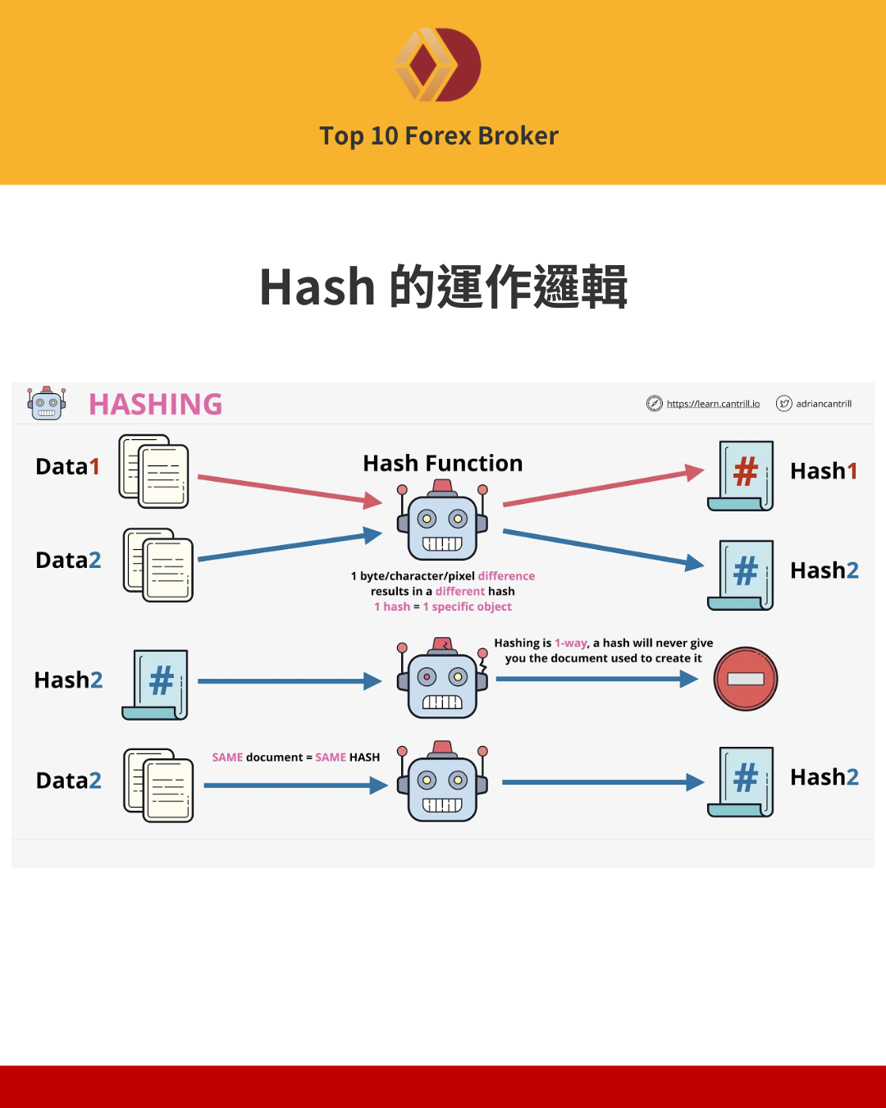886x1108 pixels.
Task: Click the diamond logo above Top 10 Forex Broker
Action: pyautogui.click(x=438, y=65)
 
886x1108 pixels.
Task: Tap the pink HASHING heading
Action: pyautogui.click(x=155, y=404)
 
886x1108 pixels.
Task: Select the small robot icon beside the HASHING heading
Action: pyautogui.click(x=46, y=403)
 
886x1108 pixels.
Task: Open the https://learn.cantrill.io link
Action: pyautogui.click(x=713, y=404)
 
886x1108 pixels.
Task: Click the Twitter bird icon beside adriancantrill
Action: pyautogui.click(x=784, y=403)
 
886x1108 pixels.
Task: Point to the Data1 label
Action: pyautogui.click(x=67, y=466)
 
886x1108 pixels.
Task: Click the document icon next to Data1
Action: pyautogui.click(x=154, y=471)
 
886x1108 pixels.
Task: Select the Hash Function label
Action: pyautogui.click(x=442, y=463)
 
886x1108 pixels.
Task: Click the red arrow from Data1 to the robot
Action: pyautogui.click(x=289, y=488)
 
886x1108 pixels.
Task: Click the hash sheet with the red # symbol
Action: pyautogui.click(x=742, y=475)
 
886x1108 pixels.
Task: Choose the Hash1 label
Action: pyautogui.click(x=823, y=470)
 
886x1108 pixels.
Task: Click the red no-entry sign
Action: pyautogui.click(x=745, y=679)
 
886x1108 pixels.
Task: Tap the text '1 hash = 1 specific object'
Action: pyautogui.click(x=442, y=607)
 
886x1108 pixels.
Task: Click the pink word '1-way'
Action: pyautogui.click(x=571, y=643)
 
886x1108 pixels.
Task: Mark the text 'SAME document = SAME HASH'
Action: pyautogui.click(x=295, y=757)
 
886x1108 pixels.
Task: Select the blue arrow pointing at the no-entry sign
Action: pyautogui.click(x=596, y=679)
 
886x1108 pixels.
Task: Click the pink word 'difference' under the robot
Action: pyautogui.click(x=506, y=576)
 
